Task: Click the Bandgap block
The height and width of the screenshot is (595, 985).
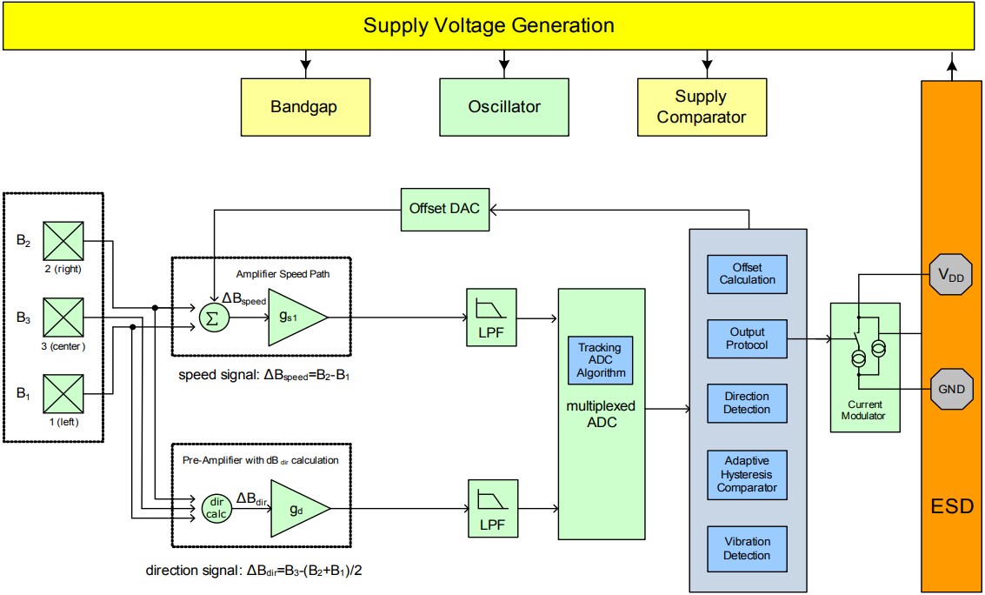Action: (303, 107)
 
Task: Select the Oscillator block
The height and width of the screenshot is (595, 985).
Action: (504, 107)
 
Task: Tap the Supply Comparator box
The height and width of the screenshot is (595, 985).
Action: (702, 107)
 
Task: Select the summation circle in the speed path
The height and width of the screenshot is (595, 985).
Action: (210, 318)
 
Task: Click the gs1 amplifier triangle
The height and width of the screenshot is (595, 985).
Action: (294, 318)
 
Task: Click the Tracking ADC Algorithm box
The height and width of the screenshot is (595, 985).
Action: (600, 360)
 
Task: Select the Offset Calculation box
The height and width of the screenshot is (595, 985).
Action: (747, 273)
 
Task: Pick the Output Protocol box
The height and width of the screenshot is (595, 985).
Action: (747, 339)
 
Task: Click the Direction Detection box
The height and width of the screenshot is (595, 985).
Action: (747, 404)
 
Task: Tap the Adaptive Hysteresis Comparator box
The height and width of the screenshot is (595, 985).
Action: (747, 474)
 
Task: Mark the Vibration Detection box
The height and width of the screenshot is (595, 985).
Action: (747, 548)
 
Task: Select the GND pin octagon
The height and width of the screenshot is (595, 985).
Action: (951, 388)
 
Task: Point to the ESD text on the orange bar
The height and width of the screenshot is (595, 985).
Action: (951, 506)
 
